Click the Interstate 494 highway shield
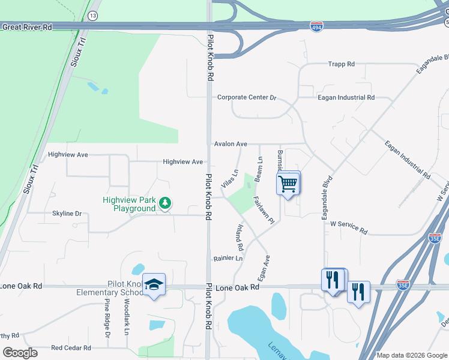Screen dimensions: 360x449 click(316, 27)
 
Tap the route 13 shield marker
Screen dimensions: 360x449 click(92, 16)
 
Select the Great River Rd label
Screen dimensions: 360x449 click(26, 27)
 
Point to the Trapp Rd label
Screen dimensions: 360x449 click(342, 64)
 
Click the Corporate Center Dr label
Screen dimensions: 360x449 click(246, 97)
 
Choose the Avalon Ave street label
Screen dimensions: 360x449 click(231, 144)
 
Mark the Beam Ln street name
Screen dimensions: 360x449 click(259, 170)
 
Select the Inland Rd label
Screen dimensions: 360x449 click(239, 238)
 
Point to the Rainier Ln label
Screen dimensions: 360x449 click(228, 259)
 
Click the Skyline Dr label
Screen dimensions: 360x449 click(67, 214)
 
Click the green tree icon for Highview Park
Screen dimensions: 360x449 click(164, 204)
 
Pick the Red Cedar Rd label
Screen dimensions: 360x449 click(71, 347)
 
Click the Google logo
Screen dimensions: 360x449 click(20, 353)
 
